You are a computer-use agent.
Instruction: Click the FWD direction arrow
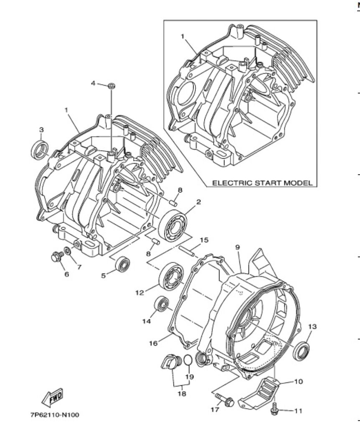click(52, 397)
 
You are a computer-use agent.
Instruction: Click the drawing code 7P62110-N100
click(55, 415)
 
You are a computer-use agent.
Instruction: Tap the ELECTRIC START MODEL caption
click(262, 183)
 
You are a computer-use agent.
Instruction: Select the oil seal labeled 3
click(41, 150)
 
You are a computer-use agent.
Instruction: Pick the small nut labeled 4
click(111, 86)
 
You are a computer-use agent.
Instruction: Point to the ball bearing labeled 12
click(171, 277)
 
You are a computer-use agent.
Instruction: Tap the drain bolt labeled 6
click(57, 257)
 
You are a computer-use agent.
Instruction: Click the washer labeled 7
click(67, 250)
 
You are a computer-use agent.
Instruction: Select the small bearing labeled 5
click(122, 264)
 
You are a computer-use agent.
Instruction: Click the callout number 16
click(153, 343)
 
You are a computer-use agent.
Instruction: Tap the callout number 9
click(238, 247)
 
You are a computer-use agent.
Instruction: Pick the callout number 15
click(204, 240)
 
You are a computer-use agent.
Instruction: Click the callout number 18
click(182, 393)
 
